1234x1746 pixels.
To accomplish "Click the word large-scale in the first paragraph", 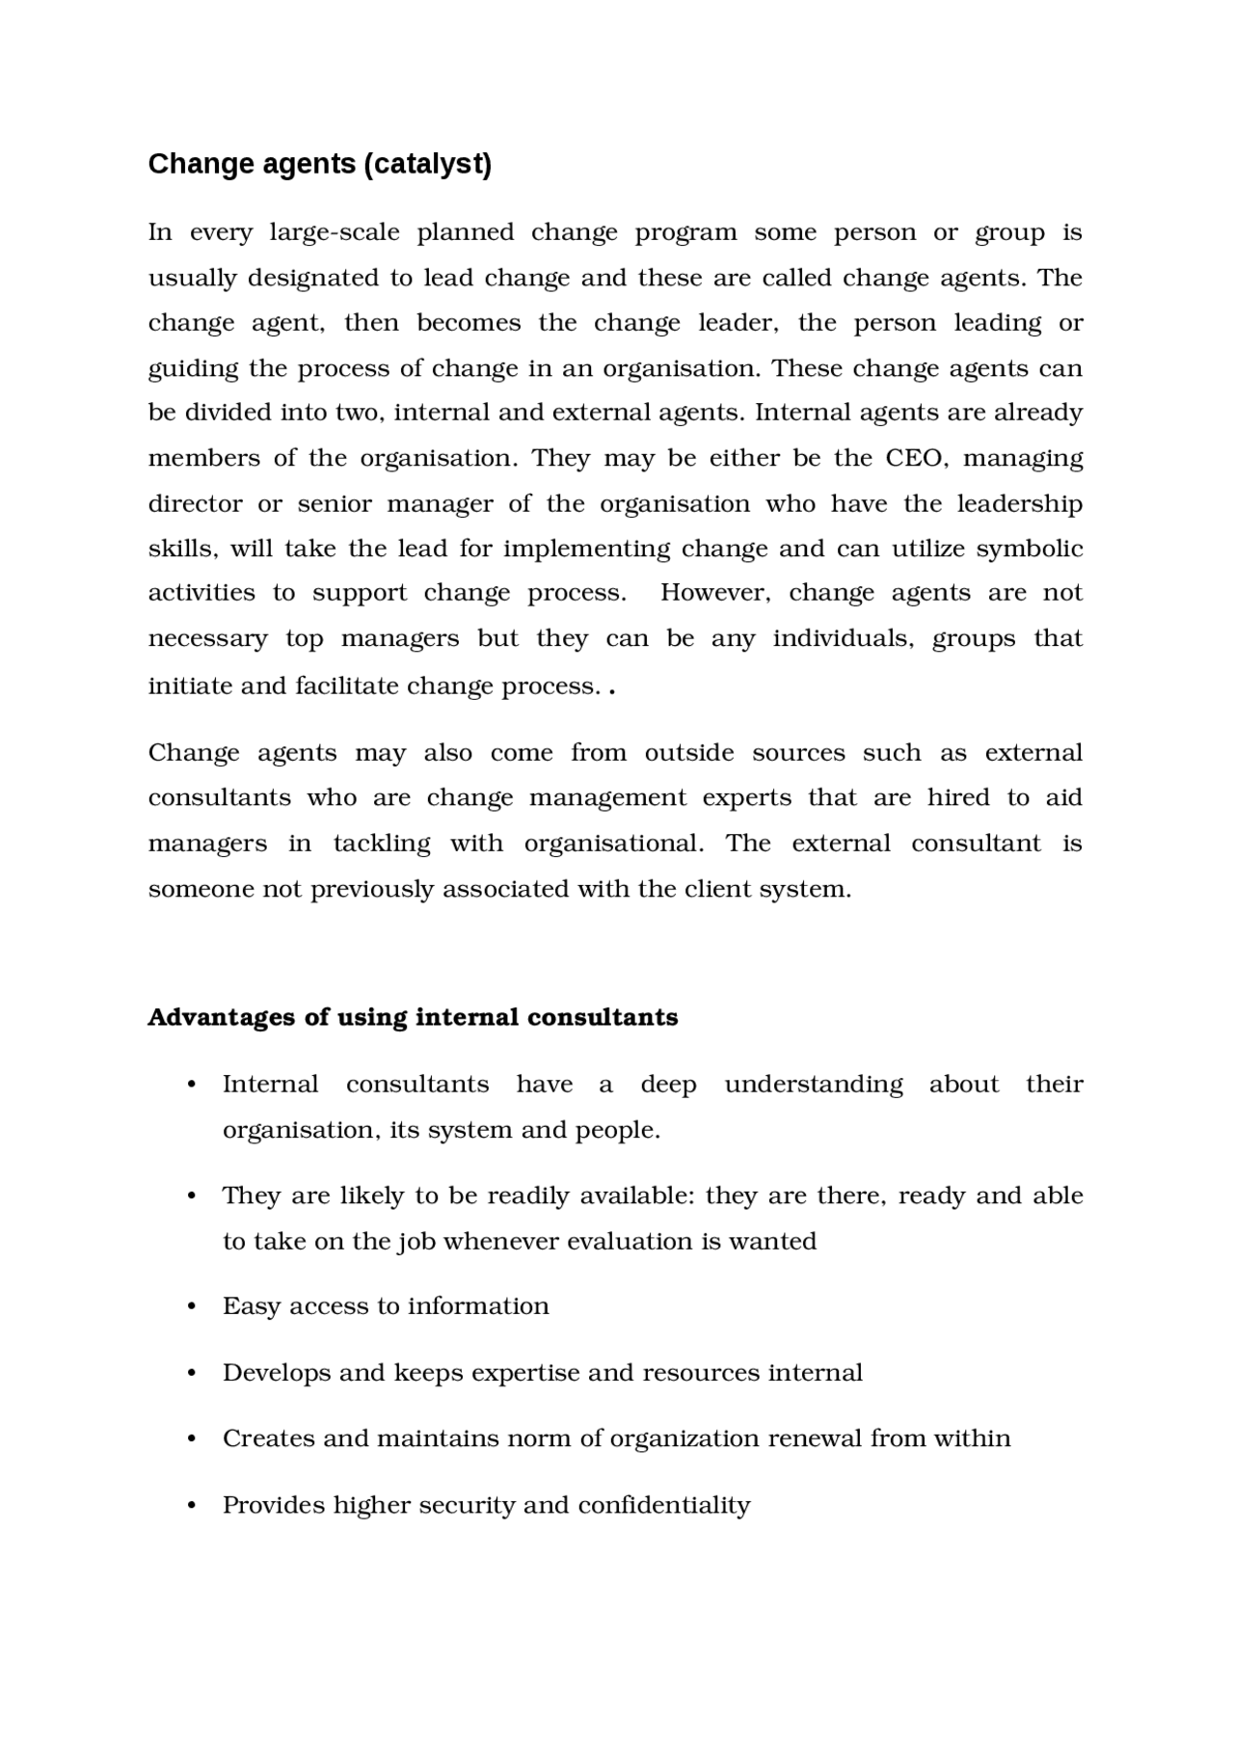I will (334, 232).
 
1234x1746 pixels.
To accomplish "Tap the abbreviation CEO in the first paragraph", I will (916, 458).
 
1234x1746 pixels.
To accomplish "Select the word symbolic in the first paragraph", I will (1029, 549).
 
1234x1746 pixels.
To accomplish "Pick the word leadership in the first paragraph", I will (1019, 504).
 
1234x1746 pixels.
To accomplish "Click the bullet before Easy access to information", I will (192, 1307).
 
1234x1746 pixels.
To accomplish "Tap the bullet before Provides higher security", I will (192, 1506).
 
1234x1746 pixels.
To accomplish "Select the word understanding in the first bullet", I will (814, 1085).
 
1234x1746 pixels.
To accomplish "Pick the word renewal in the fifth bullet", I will (815, 1438).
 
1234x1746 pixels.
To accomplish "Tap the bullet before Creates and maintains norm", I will (192, 1439).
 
